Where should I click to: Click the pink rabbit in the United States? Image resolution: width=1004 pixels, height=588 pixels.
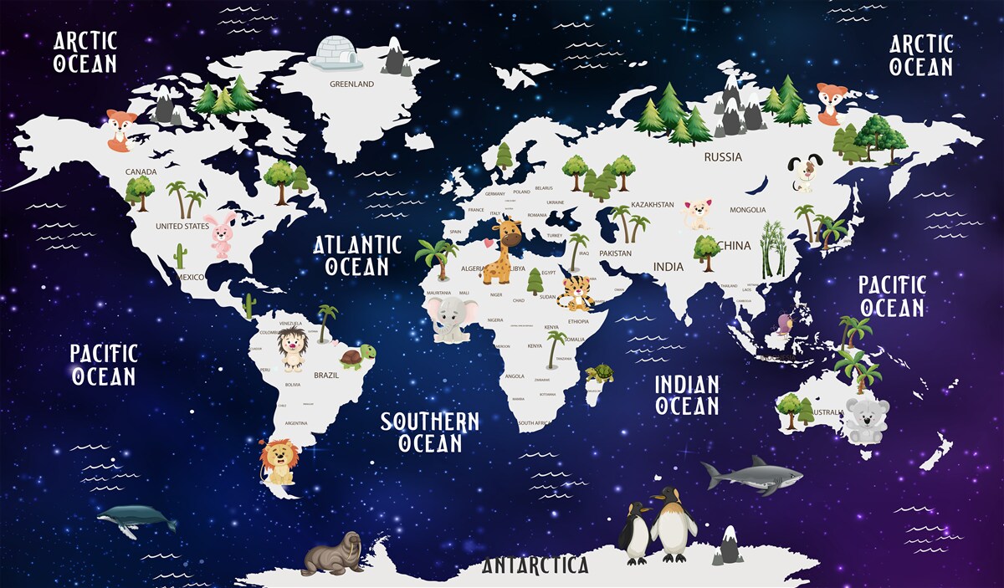point(223,234)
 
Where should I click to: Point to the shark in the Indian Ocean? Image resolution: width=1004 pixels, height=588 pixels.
point(751,476)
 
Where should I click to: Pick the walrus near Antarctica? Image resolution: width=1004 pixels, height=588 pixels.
point(334,553)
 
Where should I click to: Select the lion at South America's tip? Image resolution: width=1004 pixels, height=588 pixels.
point(279,462)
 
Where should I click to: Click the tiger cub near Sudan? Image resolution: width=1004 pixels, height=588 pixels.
point(576,292)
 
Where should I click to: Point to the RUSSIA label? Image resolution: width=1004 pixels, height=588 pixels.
point(723,157)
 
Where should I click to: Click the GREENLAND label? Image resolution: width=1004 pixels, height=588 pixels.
point(351,84)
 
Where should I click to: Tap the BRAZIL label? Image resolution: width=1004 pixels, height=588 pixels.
point(326,376)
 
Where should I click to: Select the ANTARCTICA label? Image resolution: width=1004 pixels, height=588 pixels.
point(535,565)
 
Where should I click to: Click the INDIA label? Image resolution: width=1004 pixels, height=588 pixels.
point(668,267)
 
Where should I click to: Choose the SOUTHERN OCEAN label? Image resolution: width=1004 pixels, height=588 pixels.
point(430,432)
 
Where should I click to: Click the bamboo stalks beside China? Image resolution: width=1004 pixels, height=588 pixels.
point(772,248)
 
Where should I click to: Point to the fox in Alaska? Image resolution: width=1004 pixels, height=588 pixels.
point(120,130)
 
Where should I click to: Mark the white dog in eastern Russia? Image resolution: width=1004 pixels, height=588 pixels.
point(805,174)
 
